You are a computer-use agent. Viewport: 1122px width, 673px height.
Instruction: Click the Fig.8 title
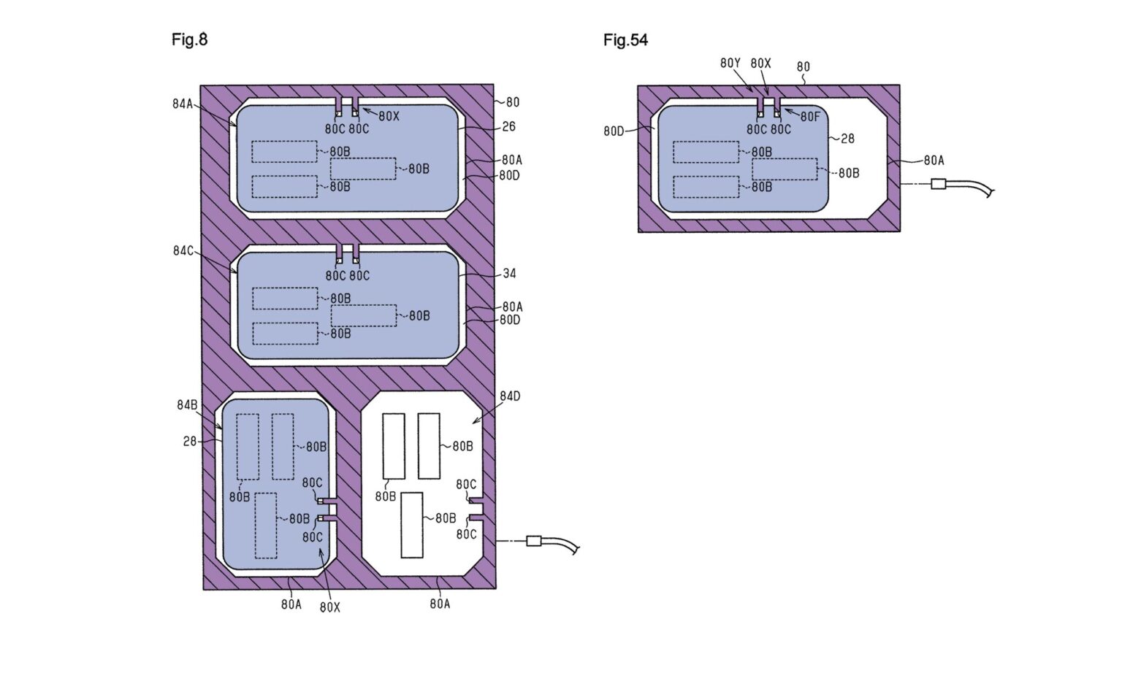(x=189, y=39)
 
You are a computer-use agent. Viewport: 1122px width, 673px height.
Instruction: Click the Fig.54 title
(x=625, y=40)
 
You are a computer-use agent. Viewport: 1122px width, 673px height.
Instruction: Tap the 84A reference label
(x=183, y=104)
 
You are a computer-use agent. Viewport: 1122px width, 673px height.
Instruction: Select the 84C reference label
(x=183, y=250)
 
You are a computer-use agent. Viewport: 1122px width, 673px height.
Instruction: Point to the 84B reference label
(x=187, y=405)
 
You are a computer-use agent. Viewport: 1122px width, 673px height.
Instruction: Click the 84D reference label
(x=510, y=396)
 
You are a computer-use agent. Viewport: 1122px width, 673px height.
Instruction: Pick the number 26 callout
(x=508, y=126)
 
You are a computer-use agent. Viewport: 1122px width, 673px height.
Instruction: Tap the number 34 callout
(x=509, y=273)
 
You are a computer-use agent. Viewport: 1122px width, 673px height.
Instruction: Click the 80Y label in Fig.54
(x=730, y=63)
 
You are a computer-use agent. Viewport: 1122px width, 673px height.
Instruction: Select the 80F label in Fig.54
(x=810, y=117)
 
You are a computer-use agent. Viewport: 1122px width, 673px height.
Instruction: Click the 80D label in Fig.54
(x=614, y=131)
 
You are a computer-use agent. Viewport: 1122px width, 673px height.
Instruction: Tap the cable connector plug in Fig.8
(x=534, y=541)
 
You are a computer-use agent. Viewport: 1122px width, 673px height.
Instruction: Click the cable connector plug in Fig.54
(x=938, y=184)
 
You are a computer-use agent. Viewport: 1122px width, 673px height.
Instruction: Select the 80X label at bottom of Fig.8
(x=330, y=607)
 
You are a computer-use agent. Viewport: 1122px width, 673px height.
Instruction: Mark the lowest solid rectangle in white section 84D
(x=412, y=525)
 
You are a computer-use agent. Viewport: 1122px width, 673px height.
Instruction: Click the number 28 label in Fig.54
(x=847, y=139)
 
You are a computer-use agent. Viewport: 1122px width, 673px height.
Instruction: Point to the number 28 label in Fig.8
(x=190, y=442)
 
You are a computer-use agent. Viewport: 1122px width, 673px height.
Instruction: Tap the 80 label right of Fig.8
(x=512, y=102)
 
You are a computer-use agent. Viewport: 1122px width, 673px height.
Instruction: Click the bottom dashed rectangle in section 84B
(x=265, y=526)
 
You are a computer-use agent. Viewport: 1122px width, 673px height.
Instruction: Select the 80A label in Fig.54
(x=934, y=160)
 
